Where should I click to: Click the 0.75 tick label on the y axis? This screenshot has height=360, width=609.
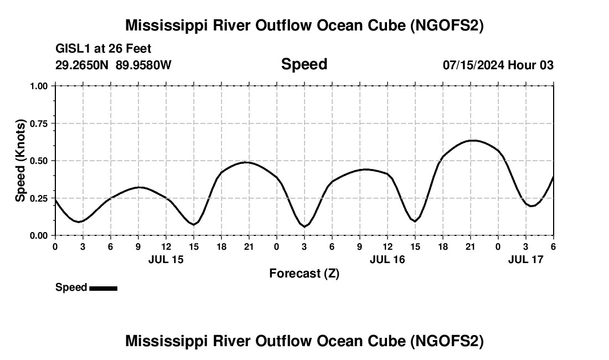(39, 124)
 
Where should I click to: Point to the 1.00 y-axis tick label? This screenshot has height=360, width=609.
(39, 86)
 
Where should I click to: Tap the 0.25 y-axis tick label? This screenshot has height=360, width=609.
(39, 198)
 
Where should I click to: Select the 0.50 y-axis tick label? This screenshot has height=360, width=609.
(39, 161)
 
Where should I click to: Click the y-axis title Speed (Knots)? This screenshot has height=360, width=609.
(20, 161)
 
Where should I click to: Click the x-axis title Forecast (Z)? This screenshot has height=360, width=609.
(304, 273)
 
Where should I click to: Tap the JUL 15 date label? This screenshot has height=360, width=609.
(166, 259)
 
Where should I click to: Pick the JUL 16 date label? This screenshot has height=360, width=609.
(387, 259)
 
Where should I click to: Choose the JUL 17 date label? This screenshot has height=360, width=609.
(526, 259)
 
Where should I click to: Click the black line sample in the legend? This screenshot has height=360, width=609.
(103, 288)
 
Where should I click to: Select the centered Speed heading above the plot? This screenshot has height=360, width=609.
(304, 64)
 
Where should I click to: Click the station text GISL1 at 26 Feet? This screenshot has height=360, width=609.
(103, 49)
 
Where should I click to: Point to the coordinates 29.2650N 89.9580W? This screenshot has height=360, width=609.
(113, 65)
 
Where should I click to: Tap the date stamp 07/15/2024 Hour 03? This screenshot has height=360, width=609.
(498, 65)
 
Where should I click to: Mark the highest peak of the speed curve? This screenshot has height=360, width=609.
(472, 140)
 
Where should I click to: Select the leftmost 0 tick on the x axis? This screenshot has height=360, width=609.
(55, 246)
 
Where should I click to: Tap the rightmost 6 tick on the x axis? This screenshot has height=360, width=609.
(553, 246)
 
